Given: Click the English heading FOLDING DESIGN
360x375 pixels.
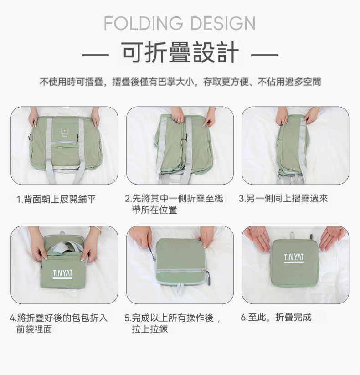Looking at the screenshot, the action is pos(180,23).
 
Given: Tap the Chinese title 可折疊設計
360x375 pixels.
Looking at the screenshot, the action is pos(180,52).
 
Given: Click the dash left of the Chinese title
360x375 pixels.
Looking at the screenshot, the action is pos(95,55).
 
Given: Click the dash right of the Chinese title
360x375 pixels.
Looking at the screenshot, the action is pos(265,55).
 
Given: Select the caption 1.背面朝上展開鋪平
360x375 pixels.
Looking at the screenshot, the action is pos(56,199).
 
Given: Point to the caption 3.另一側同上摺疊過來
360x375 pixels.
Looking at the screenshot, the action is pos(283,199).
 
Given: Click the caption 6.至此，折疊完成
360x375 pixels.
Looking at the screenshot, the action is pos(276,318).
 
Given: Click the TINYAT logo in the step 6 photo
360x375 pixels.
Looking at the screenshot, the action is pos(294,258).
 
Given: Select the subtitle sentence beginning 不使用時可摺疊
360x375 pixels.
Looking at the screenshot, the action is pos(180,82).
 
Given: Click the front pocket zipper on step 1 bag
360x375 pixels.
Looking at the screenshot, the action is pos(65,142).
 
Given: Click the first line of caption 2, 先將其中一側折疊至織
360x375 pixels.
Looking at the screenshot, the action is pos(174,199).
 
